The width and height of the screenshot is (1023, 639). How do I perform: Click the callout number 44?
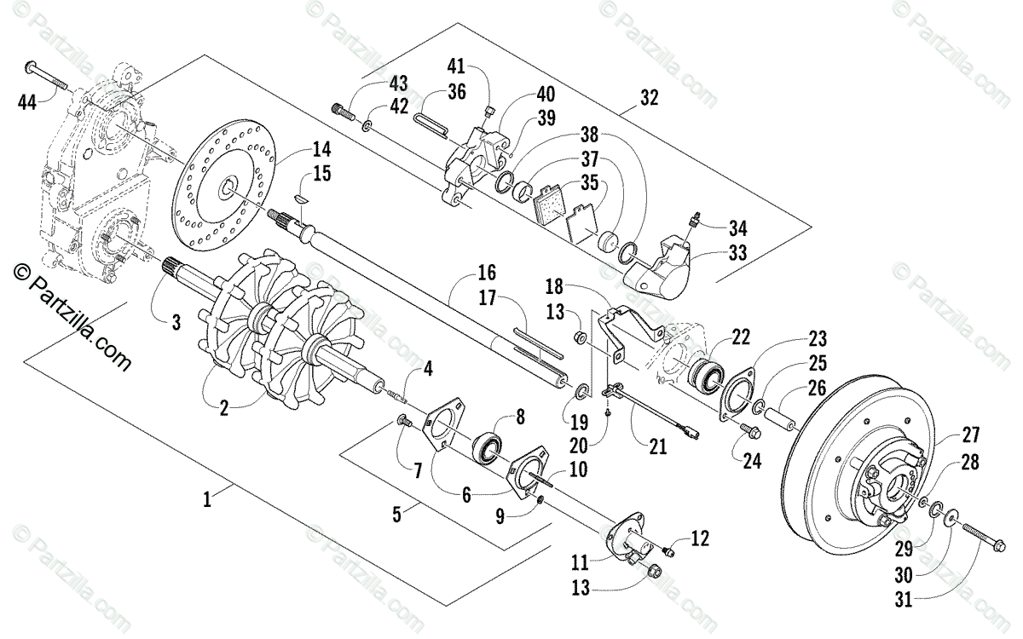click(x=28, y=103)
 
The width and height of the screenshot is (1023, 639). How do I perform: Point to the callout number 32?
click(x=649, y=99)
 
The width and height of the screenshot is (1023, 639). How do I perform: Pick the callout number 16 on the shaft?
click(x=486, y=273)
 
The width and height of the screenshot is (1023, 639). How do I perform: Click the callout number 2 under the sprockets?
click(x=223, y=408)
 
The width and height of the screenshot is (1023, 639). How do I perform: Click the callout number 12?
click(x=700, y=538)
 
